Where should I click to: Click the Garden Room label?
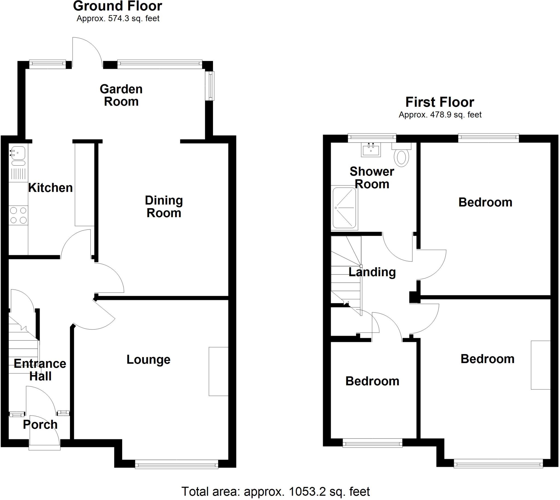point(121,95)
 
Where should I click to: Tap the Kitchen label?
point(51,188)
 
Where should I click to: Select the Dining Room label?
point(164,207)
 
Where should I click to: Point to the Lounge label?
point(148,360)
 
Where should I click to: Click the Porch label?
point(40,425)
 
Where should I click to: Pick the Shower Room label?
point(372,178)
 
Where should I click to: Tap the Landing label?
point(372,272)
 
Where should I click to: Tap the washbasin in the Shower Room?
point(371,150)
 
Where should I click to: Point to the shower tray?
point(345,208)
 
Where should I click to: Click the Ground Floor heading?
point(118,6)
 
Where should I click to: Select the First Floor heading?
point(440,102)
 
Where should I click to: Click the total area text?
point(275,492)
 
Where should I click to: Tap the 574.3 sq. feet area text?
point(118,18)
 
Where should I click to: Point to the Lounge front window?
point(176,464)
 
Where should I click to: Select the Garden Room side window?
point(211,86)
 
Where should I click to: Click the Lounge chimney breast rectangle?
point(218,371)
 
